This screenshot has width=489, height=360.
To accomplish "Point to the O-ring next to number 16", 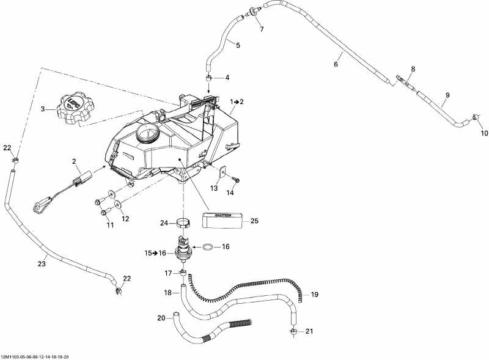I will [208, 247].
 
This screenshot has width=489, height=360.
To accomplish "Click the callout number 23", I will [41, 263].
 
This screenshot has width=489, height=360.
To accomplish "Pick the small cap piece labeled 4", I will [208, 79].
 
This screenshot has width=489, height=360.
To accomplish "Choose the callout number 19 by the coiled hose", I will [315, 295].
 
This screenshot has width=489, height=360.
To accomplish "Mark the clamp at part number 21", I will [294, 331].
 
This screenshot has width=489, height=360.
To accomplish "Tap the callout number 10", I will [483, 133].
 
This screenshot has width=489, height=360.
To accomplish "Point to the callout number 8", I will [413, 68].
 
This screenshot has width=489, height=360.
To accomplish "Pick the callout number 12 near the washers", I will [125, 218].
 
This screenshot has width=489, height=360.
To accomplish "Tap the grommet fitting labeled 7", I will [251, 11].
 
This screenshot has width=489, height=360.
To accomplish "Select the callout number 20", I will [161, 317].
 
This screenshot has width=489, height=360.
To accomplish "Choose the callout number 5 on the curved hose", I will [238, 45].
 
